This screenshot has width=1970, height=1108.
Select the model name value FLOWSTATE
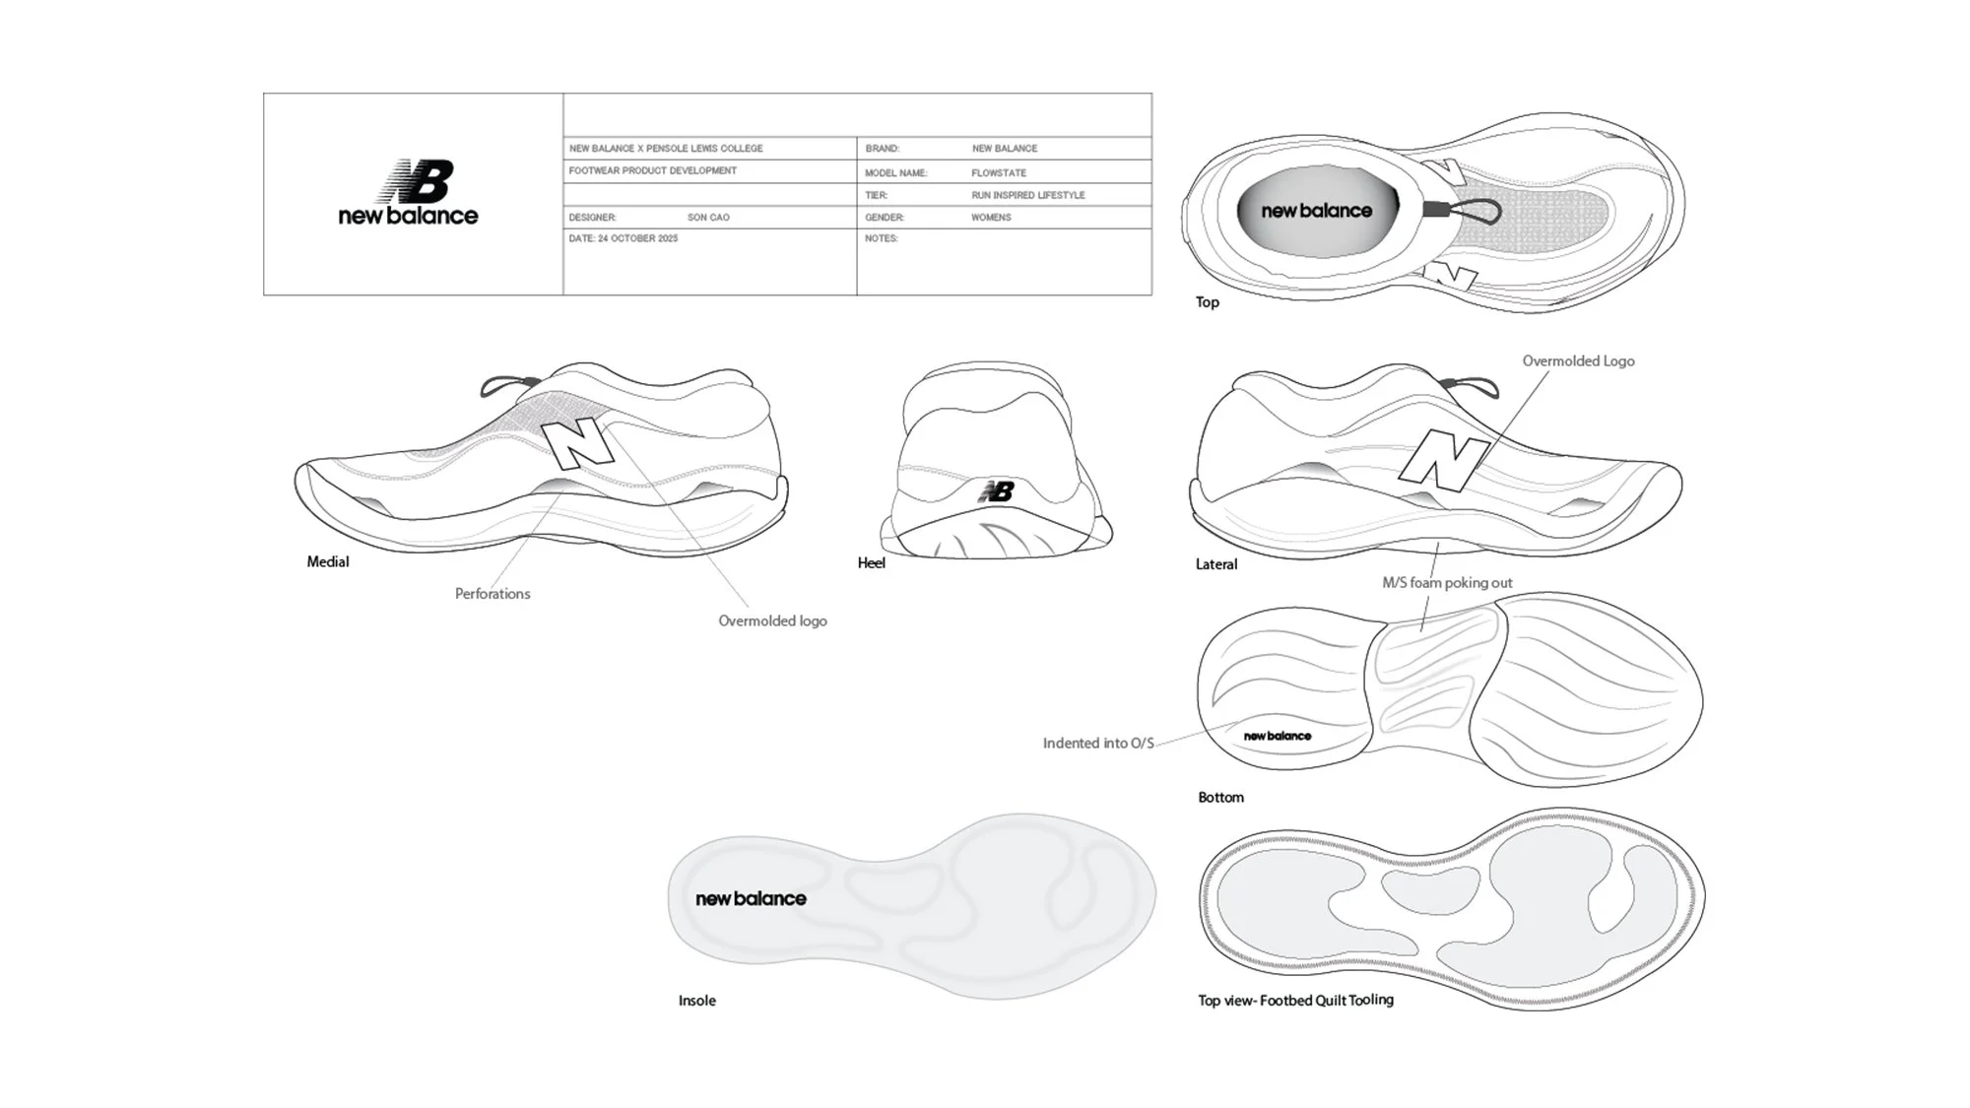coord(998,172)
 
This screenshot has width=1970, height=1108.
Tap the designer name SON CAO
coord(708,217)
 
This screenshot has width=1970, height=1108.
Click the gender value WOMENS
coord(991,217)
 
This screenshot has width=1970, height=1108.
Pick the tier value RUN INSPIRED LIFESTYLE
coord(1027,195)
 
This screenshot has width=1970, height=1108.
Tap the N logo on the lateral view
coord(1443,460)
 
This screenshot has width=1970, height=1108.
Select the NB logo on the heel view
coord(996,490)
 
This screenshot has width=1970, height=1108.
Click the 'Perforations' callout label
coord(492,594)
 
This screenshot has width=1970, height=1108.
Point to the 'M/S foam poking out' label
coord(1446,583)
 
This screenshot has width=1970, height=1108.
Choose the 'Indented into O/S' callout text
coord(1097,743)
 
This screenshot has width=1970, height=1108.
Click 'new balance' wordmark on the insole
coord(751,898)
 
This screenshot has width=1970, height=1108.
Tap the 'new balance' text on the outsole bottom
coord(1277,736)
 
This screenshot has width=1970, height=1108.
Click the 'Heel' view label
coord(871,563)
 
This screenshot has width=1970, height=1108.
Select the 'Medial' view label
coord(327,562)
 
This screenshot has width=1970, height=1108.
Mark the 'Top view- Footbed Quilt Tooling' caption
coord(1294,1000)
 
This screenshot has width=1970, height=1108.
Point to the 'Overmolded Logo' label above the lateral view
coord(1578,361)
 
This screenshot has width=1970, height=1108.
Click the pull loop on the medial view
coord(502,383)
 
